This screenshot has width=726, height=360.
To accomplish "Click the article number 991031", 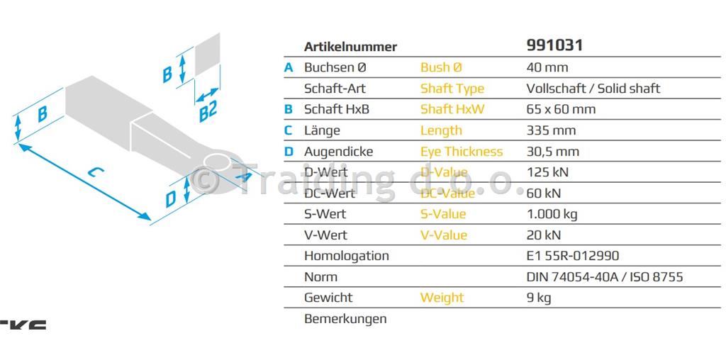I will [554, 45].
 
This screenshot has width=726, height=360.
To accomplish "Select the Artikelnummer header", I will [350, 47].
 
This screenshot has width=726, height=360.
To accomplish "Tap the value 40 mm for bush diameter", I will [547, 67].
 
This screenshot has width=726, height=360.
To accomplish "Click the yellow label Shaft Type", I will [452, 89].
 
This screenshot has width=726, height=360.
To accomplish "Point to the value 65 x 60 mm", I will [561, 109].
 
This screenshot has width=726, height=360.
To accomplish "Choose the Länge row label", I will [322, 130].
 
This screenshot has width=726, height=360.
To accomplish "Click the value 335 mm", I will [550, 130].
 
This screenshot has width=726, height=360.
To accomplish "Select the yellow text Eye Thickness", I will [461, 151].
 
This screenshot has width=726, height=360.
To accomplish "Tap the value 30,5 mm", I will [552, 151].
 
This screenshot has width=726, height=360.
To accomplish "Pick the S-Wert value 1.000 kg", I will [553, 214].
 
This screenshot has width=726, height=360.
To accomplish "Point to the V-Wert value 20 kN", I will [543, 235].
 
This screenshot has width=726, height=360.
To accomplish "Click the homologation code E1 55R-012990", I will [573, 256].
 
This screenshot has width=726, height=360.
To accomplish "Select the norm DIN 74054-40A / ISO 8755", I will [604, 276].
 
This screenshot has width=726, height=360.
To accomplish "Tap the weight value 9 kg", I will [539, 298].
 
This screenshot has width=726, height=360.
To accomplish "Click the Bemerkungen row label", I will [345, 319].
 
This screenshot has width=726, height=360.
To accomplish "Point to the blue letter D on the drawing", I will [171, 198].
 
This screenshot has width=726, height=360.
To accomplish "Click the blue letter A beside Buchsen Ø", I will [289, 67].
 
